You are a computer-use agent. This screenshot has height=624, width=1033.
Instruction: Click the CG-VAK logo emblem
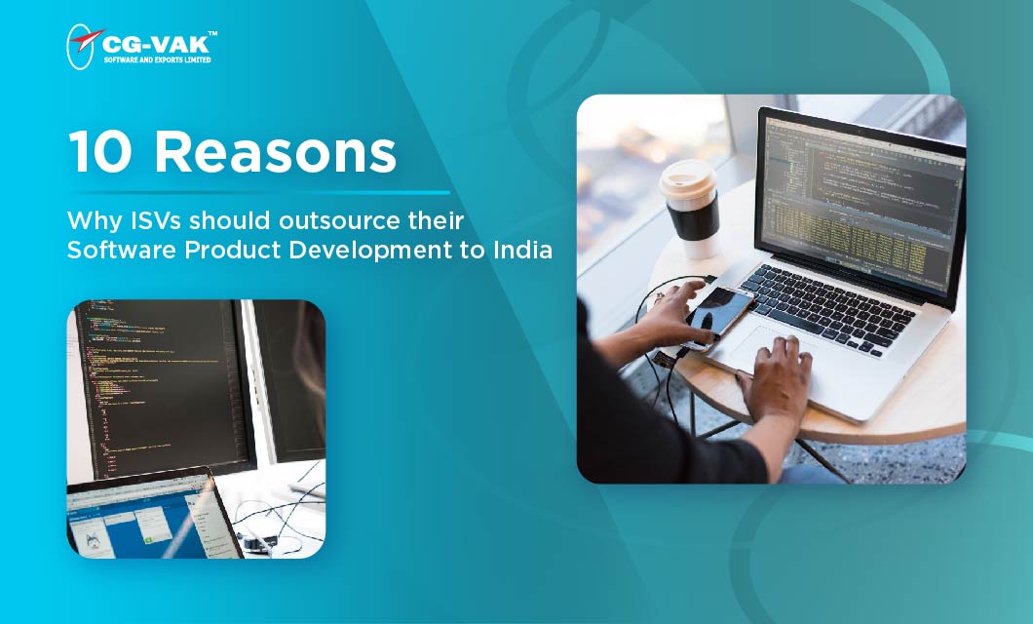(x=84, y=46)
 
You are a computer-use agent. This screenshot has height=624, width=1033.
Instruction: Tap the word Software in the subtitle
(x=104, y=250)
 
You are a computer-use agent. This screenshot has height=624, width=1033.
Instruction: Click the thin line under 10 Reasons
(x=258, y=192)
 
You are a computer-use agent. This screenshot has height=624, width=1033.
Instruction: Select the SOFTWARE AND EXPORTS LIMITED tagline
(x=157, y=59)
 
